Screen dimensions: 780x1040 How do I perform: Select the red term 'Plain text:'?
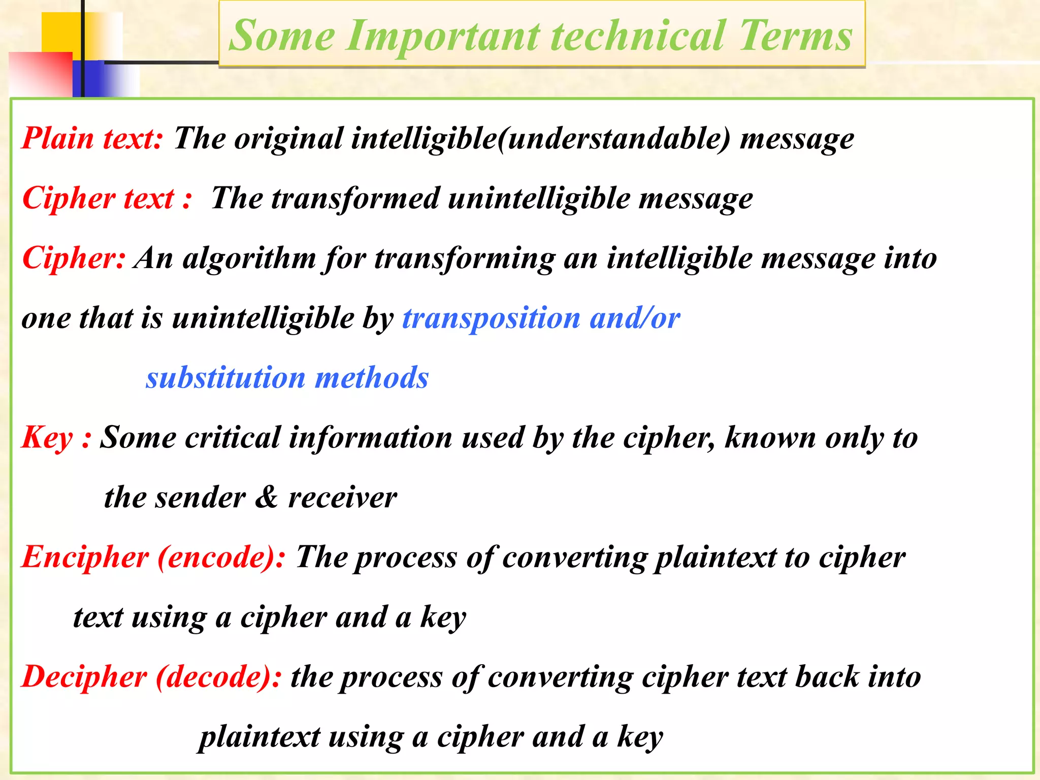[92, 138]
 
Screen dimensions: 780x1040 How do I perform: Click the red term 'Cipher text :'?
[107, 198]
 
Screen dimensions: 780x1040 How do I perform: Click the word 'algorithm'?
[249, 258]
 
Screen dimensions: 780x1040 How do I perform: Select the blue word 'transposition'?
[491, 318]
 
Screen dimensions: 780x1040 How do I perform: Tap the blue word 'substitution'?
[225, 378]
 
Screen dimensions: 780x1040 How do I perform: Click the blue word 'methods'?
[372, 378]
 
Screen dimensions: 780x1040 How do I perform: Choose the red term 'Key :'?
[56, 438]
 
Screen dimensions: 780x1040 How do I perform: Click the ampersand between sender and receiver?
[266, 497]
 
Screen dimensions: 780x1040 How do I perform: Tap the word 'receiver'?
[342, 498]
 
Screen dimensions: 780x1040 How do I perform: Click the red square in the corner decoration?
[41, 74]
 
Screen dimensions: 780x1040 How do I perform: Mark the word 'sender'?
[201, 498]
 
